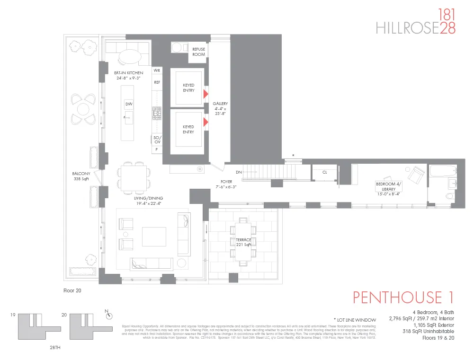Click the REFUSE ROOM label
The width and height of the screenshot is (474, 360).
coord(198,52)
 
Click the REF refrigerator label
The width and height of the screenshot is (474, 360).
coord(157,82)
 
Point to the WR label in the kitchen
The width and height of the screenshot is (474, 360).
coord(157,70)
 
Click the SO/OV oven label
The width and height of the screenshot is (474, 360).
coord(157,140)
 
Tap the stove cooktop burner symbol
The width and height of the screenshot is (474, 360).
coord(157,113)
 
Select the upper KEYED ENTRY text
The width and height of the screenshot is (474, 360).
coord(188,88)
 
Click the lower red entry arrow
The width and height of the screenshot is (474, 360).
coord(206,123)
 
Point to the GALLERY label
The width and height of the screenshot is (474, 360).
coord(220,108)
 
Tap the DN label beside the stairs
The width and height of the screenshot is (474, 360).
coord(239,172)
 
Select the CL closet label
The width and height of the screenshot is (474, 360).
coord(324,173)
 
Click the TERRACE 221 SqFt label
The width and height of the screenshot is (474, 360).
coord(243,242)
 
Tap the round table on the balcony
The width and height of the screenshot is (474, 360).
coord(83,109)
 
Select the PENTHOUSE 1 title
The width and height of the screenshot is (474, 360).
coord(403,298)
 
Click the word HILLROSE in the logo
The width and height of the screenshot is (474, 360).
coord(407,28)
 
